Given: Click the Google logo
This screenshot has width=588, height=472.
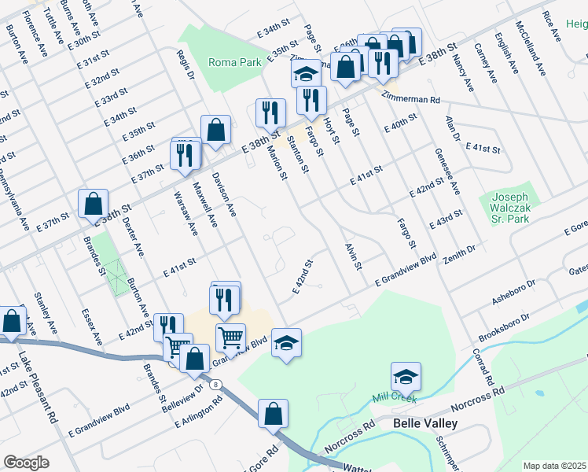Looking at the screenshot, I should pos(26,463).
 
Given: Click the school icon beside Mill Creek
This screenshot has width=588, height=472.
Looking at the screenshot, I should pos(406,377).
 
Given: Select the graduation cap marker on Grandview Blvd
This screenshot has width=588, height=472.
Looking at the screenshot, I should pos(287,343).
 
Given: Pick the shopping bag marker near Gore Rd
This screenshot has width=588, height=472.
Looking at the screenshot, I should pos(273,414).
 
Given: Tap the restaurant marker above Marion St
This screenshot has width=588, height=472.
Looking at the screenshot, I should pos(270,112).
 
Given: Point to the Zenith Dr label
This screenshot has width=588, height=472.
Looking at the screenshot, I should pos(461,250).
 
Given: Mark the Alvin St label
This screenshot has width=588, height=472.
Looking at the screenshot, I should pos(351,257).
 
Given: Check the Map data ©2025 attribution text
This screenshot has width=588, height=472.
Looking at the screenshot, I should pos(554,466).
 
